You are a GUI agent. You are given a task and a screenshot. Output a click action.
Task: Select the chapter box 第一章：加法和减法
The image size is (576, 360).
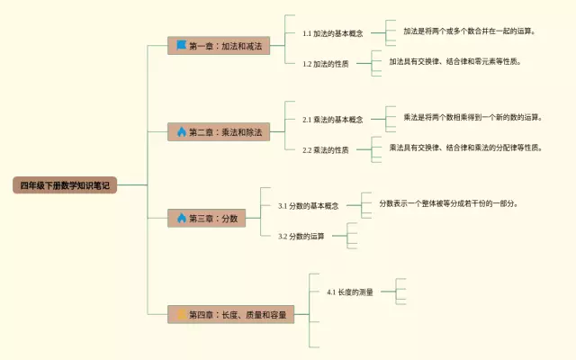219,45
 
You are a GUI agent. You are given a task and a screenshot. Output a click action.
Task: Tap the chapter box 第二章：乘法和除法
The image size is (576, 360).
219,131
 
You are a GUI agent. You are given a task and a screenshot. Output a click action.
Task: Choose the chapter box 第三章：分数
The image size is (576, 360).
206,218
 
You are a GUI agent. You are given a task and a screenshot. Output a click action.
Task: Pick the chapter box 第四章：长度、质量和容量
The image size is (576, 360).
230,315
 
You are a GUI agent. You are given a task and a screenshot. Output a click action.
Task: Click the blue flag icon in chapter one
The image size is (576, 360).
181,45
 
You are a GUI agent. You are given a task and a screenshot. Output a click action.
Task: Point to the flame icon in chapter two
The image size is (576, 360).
181,131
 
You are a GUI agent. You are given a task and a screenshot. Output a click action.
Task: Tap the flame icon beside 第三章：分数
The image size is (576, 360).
181,218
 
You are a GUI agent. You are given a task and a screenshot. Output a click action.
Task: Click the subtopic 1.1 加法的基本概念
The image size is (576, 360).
332,33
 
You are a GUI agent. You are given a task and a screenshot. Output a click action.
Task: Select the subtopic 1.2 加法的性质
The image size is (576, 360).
325,64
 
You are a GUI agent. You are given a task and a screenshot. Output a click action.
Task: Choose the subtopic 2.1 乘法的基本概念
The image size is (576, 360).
332,119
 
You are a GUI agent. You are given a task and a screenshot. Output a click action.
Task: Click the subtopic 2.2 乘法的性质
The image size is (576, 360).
325,150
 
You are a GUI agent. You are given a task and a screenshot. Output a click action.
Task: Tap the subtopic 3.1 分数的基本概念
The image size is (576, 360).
308,205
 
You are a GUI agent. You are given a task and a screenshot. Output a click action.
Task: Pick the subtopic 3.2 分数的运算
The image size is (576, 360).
301,236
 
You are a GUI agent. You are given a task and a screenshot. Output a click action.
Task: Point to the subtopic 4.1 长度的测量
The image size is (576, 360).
349,292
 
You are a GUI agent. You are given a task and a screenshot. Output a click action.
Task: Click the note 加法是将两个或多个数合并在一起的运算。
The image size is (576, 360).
469,31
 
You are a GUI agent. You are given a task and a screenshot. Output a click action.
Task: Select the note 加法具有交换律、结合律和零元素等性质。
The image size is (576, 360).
454,61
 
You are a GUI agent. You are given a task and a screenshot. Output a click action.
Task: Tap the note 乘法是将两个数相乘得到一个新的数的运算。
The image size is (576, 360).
472,117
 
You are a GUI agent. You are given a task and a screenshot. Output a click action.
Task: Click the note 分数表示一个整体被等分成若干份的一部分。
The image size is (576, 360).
448,203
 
